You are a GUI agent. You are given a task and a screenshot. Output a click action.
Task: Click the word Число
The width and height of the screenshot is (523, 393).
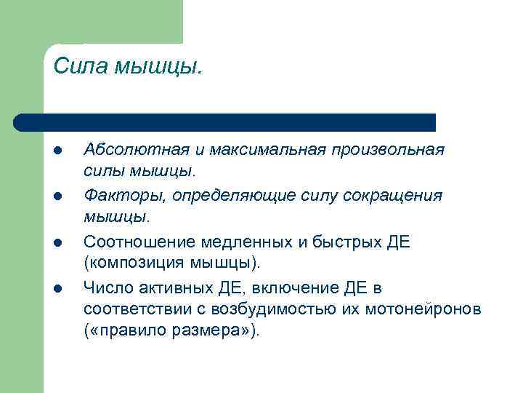[106, 286]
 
